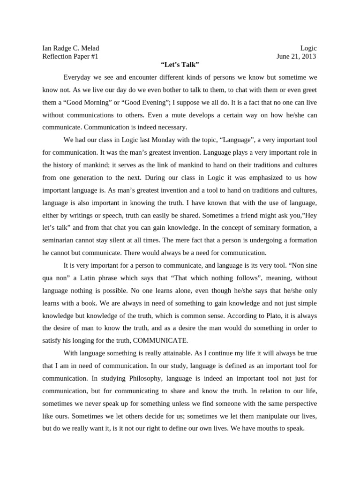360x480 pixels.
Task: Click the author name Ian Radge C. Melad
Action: click(x=71, y=48)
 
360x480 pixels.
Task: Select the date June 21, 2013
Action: click(x=296, y=57)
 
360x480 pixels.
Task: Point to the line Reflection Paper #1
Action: click(x=70, y=57)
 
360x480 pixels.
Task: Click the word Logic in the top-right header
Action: click(x=308, y=48)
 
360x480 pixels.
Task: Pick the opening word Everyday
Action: click(x=78, y=76)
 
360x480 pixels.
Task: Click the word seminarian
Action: click(x=61, y=240)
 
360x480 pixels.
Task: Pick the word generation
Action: click(x=91, y=178)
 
